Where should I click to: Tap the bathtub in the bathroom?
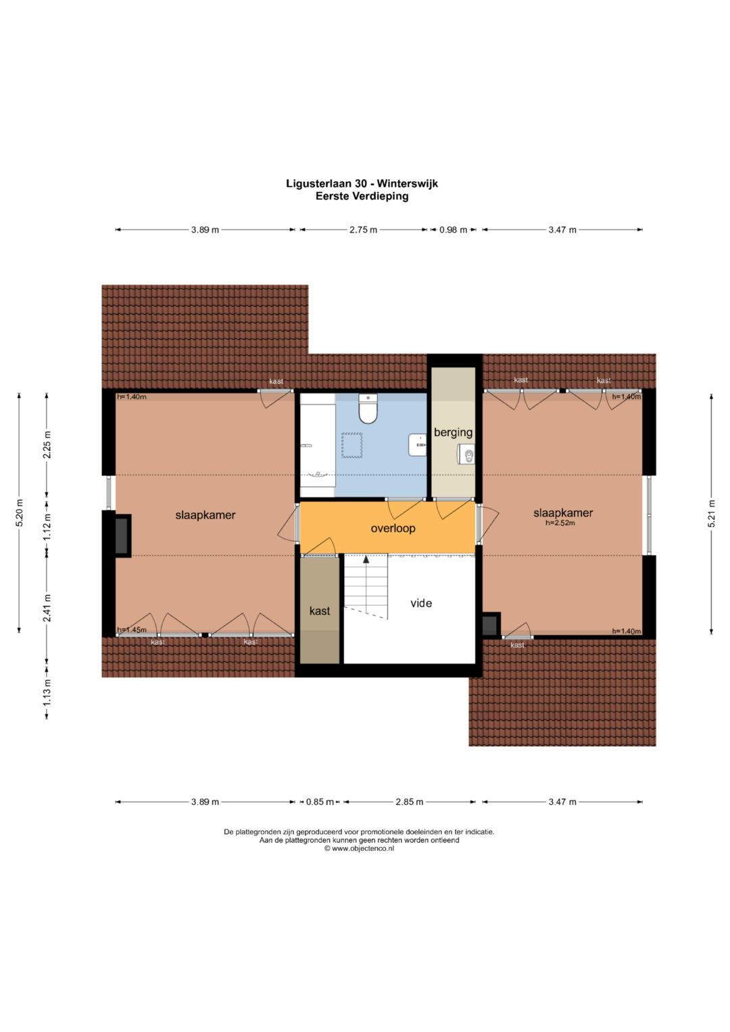click(x=318, y=445)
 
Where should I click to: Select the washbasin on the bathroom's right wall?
click(x=418, y=445)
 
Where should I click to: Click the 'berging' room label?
click(x=453, y=432)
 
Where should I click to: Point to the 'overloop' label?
click(x=393, y=528)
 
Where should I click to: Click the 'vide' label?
click(x=421, y=603)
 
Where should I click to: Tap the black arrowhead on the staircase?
click(x=366, y=560)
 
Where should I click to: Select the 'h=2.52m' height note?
click(x=560, y=523)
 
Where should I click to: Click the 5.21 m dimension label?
click(x=712, y=513)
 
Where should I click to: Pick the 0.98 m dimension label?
click(x=453, y=229)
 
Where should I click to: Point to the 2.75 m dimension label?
click(x=363, y=229)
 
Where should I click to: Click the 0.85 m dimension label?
click(x=320, y=802)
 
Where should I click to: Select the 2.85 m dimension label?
click(x=409, y=802)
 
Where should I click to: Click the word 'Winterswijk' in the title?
click(x=408, y=183)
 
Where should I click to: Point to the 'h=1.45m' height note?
click(x=132, y=630)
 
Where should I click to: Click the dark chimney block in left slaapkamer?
click(x=122, y=536)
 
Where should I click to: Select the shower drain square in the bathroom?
click(x=351, y=445)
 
